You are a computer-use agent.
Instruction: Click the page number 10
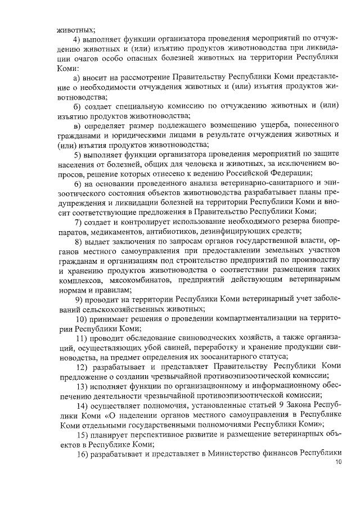[337, 462]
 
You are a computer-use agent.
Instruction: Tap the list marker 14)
[80, 404]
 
